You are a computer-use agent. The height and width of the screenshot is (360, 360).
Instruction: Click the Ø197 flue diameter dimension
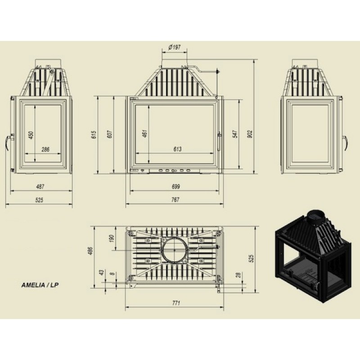point(175,47)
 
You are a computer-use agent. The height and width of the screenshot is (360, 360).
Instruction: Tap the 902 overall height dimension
point(250,134)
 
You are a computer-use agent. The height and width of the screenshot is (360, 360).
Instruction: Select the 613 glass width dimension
point(177,149)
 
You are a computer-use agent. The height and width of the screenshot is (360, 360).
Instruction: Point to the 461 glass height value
point(145,133)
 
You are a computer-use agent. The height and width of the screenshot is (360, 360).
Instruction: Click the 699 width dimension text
point(176,187)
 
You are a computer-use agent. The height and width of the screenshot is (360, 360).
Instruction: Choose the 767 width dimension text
point(175,200)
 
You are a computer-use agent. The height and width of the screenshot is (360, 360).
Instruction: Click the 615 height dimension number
point(94,135)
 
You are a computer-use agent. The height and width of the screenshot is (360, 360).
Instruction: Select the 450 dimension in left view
point(31,135)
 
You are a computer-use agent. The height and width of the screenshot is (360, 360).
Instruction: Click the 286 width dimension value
point(45,149)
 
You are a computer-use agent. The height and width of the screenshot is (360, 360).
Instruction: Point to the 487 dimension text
point(40,187)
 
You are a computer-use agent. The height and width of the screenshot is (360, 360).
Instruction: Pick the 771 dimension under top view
point(176,303)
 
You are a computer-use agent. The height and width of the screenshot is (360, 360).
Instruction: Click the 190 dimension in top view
point(111,238)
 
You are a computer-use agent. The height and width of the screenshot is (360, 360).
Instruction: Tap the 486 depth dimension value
point(90,251)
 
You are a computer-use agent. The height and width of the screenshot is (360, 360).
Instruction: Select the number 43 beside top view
point(101,273)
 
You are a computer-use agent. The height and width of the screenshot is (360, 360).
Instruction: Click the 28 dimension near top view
point(238,275)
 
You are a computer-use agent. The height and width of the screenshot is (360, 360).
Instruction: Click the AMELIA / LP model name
point(40,285)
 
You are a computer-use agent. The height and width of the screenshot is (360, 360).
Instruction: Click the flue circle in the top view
point(175,250)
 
